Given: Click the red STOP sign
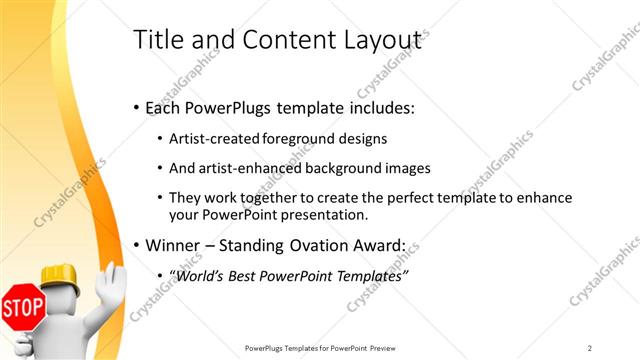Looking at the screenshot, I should tap(22, 308).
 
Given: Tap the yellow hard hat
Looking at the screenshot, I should tap(61, 278).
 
